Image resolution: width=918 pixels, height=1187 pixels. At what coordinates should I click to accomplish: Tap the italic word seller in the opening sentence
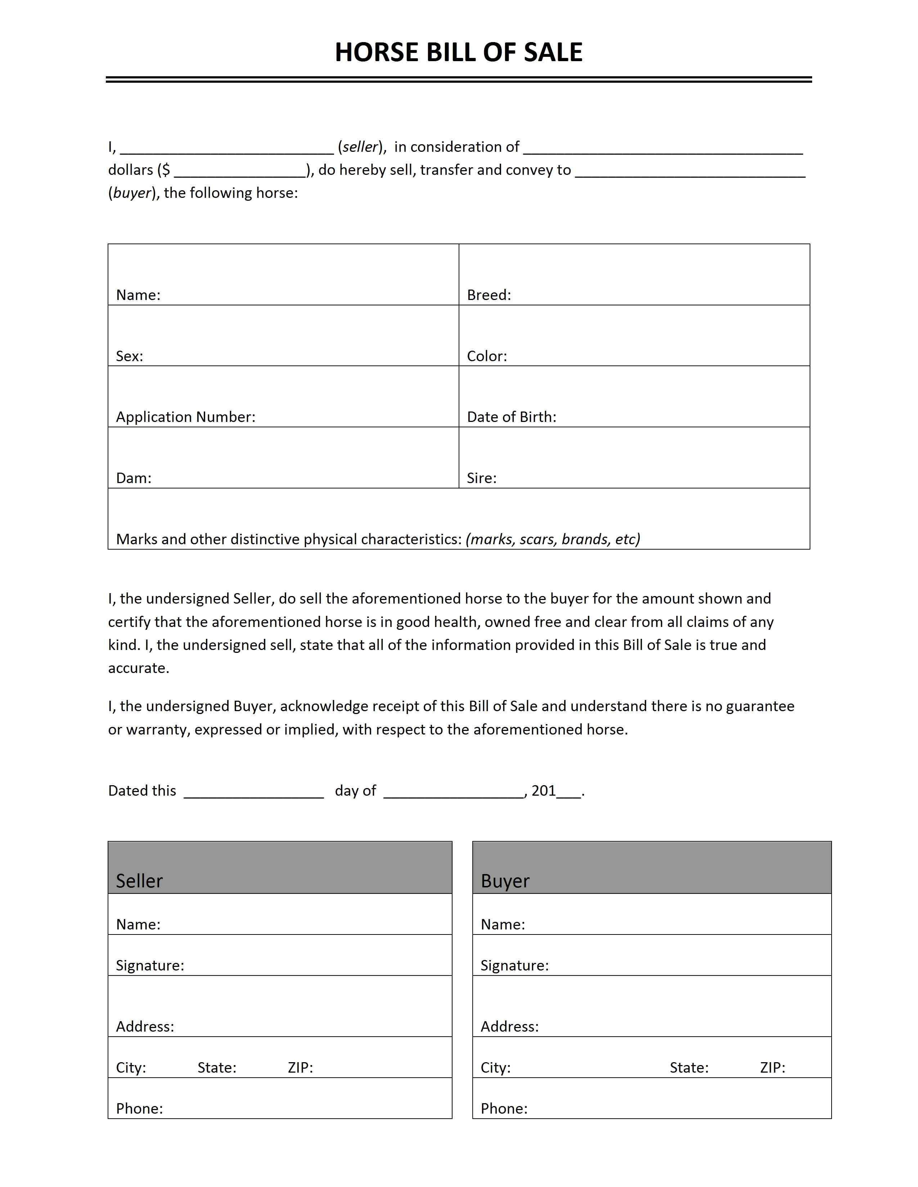pos(360,147)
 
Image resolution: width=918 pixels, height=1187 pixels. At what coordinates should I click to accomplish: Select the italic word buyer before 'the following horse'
pos(132,193)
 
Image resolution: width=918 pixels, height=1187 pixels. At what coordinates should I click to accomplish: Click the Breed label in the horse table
pos(489,295)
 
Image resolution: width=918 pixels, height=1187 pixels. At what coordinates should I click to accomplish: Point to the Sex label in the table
pos(130,356)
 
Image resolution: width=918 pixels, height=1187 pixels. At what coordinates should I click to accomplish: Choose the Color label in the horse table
pos(487,356)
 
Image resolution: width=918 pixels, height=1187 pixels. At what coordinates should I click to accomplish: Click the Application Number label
pos(185,417)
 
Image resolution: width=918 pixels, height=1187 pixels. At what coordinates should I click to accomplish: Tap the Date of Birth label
pos(511,417)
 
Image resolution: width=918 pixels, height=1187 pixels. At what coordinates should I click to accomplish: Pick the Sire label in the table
pos(481,478)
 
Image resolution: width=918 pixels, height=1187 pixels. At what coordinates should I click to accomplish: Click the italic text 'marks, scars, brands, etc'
pos(553,539)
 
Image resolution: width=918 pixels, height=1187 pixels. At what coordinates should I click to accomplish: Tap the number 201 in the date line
pos(543,791)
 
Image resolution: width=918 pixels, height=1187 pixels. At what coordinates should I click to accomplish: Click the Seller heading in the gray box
pos(139,881)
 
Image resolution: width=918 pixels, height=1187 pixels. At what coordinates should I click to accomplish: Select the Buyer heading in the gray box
pos(505,881)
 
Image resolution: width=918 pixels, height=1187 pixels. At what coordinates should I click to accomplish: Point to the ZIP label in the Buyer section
pos(772,1068)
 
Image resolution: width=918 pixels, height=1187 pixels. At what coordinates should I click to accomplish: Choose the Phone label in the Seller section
pos(139,1108)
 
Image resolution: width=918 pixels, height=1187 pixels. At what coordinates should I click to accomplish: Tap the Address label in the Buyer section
pos(509,1026)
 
